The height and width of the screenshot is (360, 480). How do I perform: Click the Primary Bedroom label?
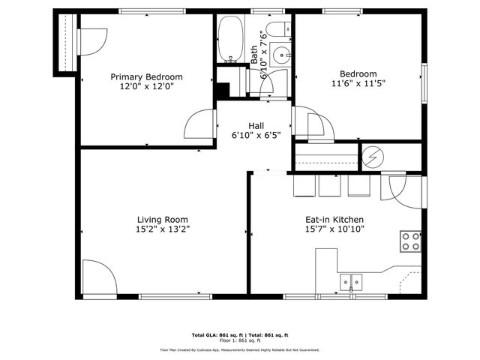147,76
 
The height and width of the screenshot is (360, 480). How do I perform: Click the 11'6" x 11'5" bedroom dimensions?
358,84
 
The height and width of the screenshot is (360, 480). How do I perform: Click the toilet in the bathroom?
278,31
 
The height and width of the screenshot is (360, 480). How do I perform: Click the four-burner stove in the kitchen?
410,241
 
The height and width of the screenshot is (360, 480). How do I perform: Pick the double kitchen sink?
349,282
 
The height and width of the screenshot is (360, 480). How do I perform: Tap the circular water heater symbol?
372,157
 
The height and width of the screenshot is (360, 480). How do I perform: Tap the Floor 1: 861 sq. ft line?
239,340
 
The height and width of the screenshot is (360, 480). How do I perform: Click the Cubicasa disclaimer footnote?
240,349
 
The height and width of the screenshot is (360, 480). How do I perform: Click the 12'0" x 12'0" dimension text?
147,87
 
